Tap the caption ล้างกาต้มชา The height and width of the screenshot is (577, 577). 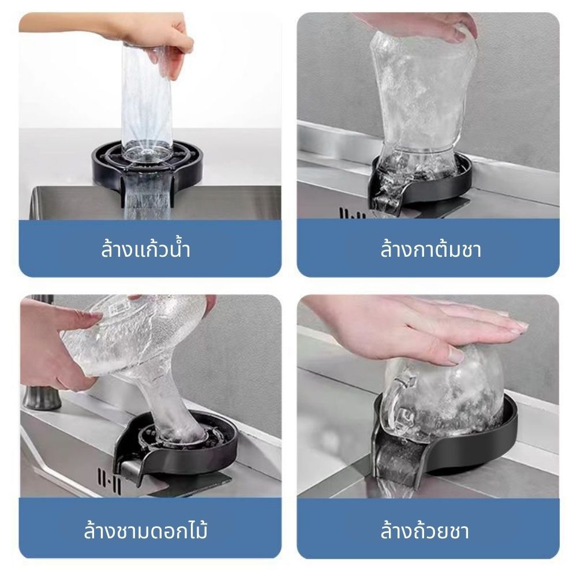tap(430, 249)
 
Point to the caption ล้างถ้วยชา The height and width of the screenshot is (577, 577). tap(425, 531)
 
